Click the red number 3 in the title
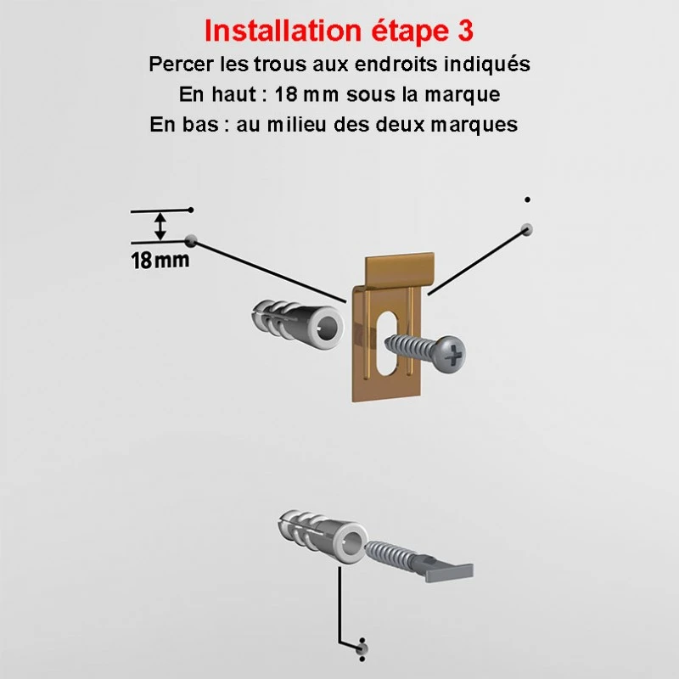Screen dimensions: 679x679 464,31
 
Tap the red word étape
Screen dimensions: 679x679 410,31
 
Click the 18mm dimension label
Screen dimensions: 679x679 160,261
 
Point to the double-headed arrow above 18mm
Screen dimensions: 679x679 160,226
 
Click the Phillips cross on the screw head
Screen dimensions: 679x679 454,356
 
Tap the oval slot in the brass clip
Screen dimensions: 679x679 387,343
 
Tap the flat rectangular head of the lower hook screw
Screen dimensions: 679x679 449,572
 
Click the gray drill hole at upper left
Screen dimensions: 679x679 190,241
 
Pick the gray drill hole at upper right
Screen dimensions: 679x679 526,229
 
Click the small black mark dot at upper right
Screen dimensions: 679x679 527,199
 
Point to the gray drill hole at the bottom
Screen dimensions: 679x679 362,649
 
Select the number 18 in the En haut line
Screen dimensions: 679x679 286,94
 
